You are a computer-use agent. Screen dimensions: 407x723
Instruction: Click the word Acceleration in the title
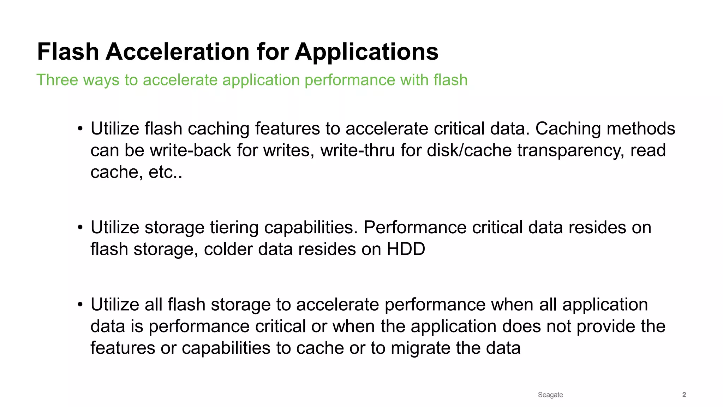178,52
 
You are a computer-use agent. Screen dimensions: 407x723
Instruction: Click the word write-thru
358,150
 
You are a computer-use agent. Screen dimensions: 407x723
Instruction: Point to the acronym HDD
406,249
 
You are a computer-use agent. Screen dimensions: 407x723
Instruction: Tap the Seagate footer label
550,395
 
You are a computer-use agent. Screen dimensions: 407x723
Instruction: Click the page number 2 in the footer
684,395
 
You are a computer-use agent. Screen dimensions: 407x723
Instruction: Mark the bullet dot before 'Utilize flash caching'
80,129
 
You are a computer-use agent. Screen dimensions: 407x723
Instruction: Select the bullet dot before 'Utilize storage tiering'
80,228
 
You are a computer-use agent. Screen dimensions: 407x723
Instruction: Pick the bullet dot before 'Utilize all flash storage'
80,305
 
